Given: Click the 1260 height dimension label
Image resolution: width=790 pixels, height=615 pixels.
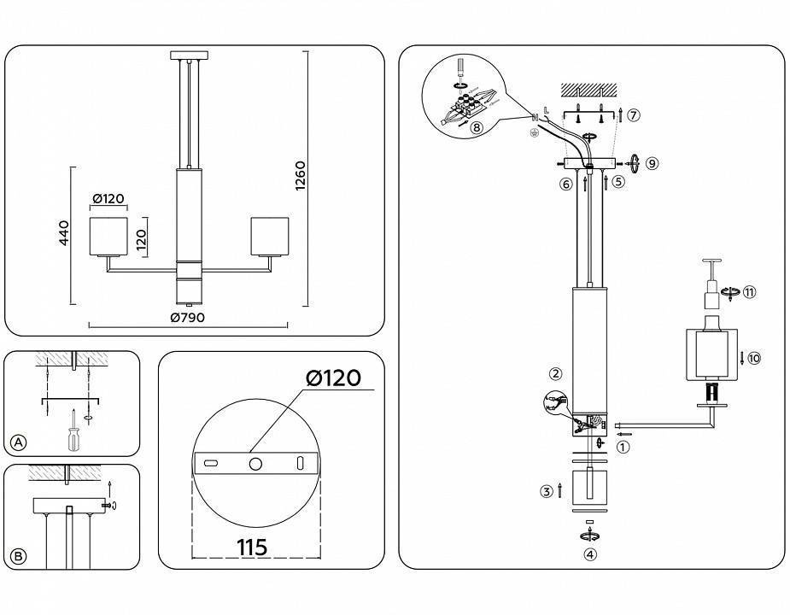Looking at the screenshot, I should [x=300, y=176].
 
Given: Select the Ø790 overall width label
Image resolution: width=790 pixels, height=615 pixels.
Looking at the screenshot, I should [x=187, y=317].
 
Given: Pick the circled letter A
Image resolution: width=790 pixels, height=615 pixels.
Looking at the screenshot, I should [x=19, y=442].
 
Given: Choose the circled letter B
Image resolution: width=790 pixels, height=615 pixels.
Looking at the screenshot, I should [x=19, y=556].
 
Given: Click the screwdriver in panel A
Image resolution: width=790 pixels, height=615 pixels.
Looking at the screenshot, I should [x=73, y=433].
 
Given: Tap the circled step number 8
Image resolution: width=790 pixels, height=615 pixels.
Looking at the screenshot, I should [x=476, y=127].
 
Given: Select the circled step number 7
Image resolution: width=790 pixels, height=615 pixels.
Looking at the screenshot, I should [x=633, y=114].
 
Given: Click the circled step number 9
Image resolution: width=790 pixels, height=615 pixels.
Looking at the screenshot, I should [x=652, y=162].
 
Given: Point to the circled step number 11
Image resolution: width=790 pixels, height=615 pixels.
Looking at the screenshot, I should [x=750, y=292].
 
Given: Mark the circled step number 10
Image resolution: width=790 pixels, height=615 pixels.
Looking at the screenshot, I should [x=753, y=358].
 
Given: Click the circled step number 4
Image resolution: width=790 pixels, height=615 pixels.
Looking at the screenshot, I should [x=589, y=553].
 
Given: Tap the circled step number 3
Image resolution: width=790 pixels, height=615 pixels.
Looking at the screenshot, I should [x=545, y=490].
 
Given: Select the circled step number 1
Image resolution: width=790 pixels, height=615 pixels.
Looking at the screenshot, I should [x=623, y=445].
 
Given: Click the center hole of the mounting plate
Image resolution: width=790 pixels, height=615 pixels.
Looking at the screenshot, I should [x=255, y=462].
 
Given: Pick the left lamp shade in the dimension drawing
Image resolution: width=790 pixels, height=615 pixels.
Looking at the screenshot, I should [x=108, y=236].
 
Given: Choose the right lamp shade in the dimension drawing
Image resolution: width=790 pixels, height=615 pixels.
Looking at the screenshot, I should [x=269, y=236].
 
